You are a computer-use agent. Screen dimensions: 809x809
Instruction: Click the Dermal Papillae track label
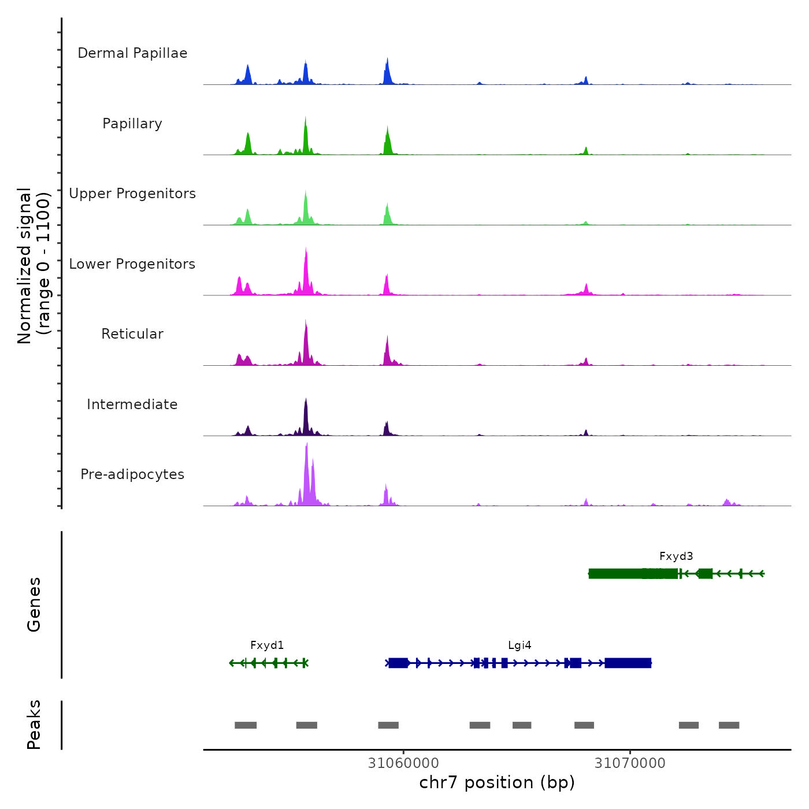click(132, 53)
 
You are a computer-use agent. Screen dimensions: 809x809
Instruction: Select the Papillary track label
click(132, 124)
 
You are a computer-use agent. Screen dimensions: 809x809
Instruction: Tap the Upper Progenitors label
click(132, 194)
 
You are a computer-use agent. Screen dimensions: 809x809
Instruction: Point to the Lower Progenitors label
click(132, 264)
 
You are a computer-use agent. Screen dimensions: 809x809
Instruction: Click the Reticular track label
click(132, 334)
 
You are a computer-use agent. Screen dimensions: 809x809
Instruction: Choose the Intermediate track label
click(132, 404)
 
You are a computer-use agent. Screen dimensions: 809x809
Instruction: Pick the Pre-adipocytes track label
click(132, 474)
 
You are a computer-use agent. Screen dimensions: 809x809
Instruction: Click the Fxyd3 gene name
click(676, 556)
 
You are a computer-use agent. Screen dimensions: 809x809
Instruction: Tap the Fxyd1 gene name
click(267, 645)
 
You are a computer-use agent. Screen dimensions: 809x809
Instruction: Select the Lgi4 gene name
click(519, 645)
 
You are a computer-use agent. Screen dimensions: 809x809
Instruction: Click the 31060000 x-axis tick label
click(403, 763)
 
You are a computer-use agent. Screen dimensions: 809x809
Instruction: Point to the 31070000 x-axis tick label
click(630, 763)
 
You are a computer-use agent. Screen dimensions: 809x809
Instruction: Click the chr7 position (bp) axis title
click(497, 782)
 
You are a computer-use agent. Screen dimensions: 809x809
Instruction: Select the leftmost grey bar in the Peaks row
click(246, 725)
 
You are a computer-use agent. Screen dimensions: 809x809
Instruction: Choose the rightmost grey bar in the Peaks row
click(729, 725)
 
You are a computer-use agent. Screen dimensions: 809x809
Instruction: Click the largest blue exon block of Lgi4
click(628, 663)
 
